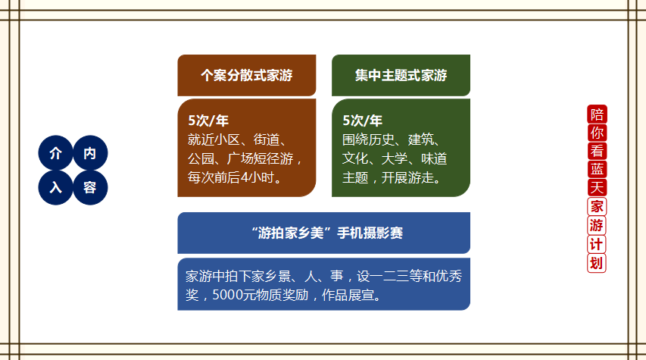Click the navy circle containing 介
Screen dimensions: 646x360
click(x=55, y=153)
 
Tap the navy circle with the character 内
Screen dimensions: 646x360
click(x=90, y=153)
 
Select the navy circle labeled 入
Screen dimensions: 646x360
click(x=55, y=188)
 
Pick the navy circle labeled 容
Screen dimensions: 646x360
click(x=90, y=188)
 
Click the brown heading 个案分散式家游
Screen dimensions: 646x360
click(x=247, y=76)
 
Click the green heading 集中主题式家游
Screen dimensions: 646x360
click(x=401, y=76)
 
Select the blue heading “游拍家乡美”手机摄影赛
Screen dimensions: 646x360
click(x=326, y=233)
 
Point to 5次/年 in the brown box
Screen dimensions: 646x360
click(x=208, y=121)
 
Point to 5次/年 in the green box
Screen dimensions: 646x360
click(x=363, y=121)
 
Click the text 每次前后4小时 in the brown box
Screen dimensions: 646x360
click(x=231, y=178)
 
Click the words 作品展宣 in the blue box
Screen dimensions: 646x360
click(x=348, y=295)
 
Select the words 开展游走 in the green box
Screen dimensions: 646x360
click(x=407, y=178)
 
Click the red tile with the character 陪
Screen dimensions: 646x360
click(x=597, y=114)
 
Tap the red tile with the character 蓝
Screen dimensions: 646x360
click(x=597, y=170)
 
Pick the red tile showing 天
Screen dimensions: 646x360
click(x=597, y=188)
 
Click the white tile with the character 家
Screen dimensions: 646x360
click(x=597, y=207)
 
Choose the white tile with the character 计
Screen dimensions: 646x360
click(x=597, y=244)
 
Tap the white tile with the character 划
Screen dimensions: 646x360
click(x=597, y=263)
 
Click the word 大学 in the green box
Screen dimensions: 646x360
click(x=395, y=158)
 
